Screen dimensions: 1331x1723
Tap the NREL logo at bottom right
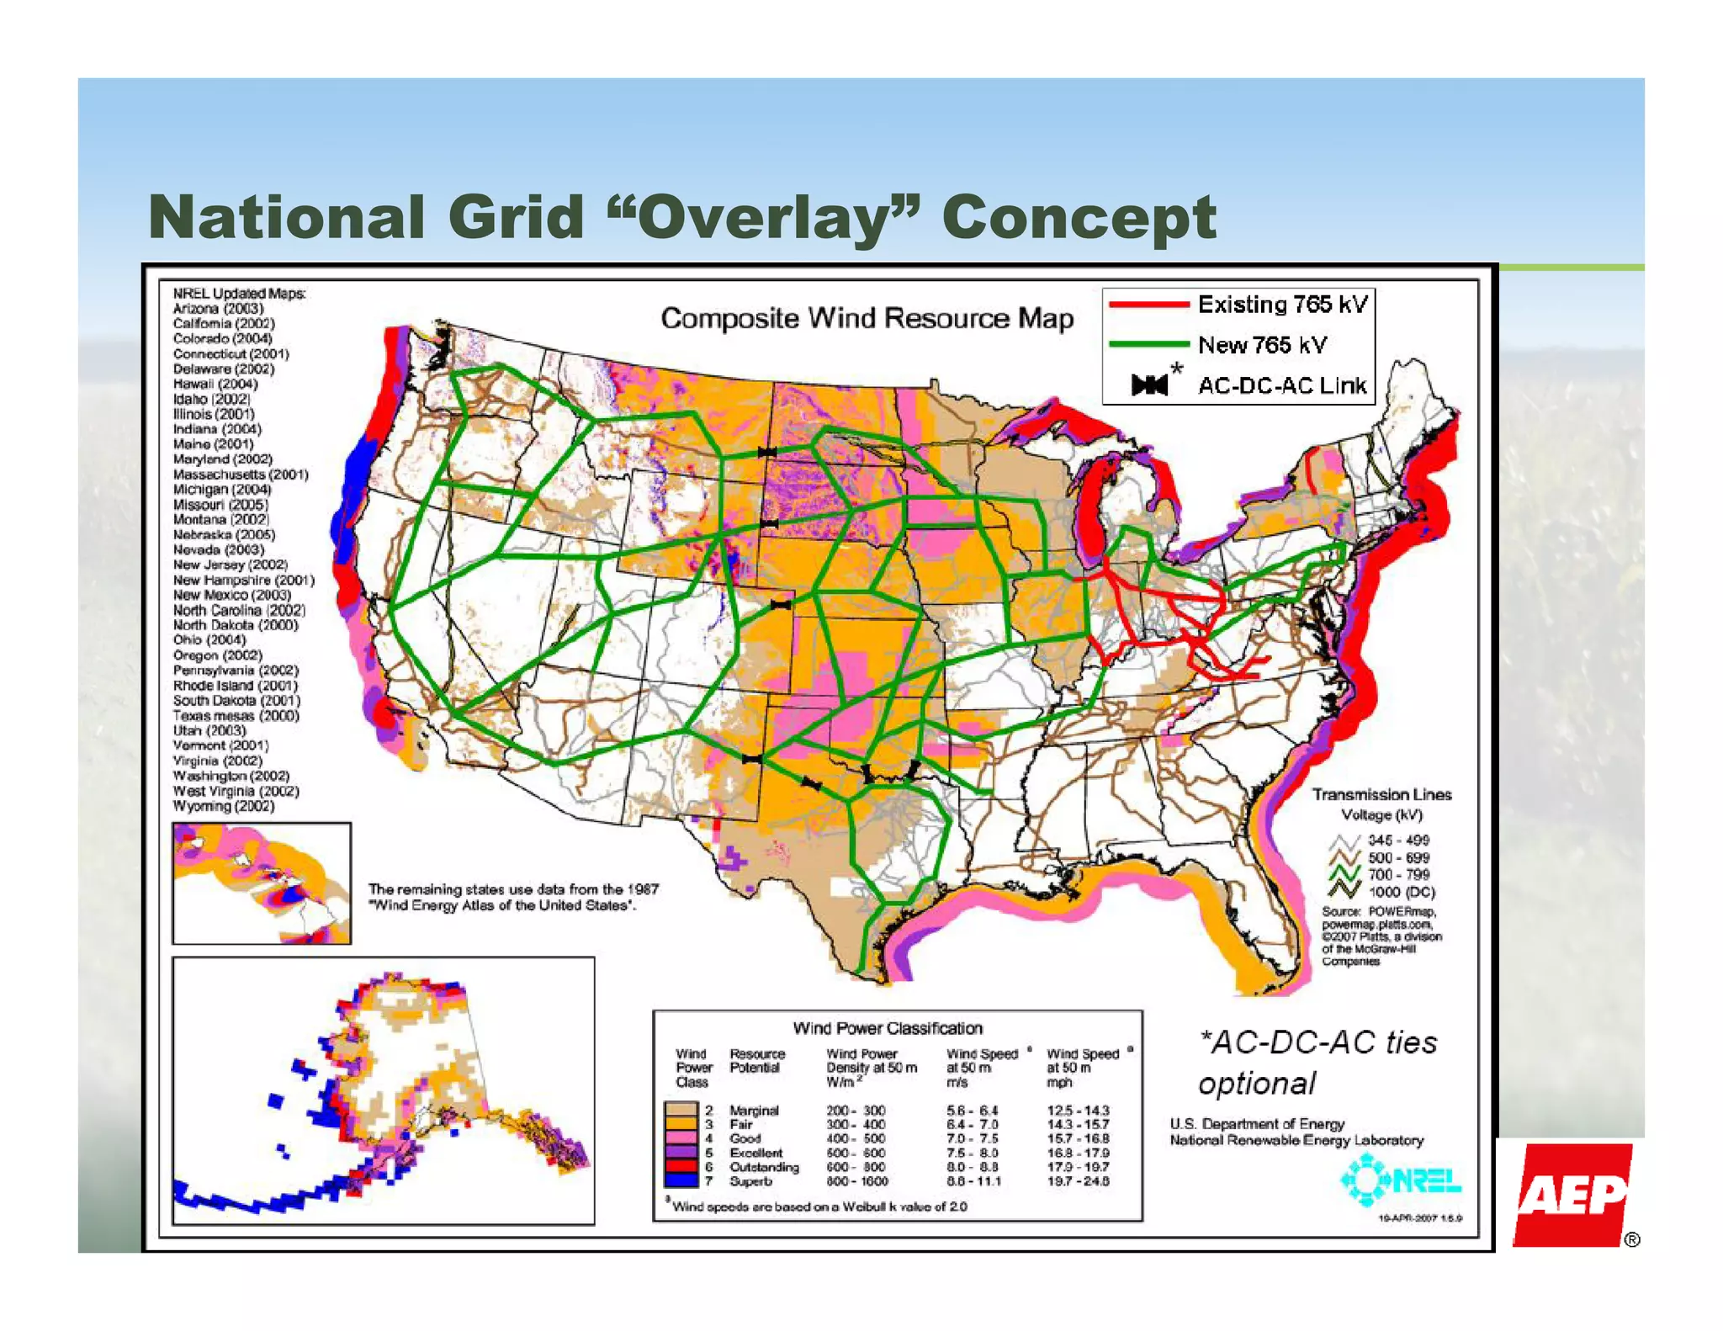tap(1401, 1181)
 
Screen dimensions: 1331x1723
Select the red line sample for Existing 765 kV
tap(1148, 304)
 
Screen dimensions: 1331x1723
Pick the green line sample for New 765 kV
tap(1148, 344)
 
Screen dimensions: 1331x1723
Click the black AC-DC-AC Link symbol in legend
tap(1149, 385)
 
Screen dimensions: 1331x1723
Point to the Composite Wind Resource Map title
tap(867, 318)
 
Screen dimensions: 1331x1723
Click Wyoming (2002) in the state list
tap(224, 806)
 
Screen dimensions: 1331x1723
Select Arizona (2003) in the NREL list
tap(218, 308)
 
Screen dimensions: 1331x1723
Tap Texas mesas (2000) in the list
tap(236, 715)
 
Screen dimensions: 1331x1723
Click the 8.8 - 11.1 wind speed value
tap(974, 1181)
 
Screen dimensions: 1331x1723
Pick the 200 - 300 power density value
tap(856, 1111)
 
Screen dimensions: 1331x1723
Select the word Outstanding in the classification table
tap(764, 1167)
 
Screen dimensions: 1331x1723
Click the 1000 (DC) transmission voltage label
tap(1402, 892)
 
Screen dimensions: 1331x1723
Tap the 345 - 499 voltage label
tap(1398, 840)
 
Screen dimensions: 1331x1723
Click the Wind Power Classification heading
tap(888, 1028)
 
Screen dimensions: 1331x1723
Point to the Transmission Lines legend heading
tap(1381, 794)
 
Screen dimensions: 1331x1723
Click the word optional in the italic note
tap(1257, 1084)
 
